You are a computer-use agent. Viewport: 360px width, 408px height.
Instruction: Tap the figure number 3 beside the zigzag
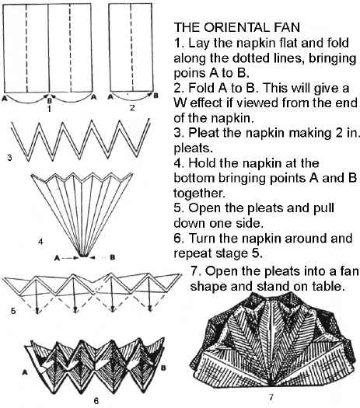point(9,158)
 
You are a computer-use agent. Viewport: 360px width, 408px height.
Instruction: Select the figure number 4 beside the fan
point(40,242)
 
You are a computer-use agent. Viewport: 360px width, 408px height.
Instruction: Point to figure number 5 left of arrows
point(13,311)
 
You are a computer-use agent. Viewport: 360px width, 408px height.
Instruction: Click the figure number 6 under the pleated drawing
point(96,401)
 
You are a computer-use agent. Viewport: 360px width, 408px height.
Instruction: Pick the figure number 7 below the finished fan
point(271,397)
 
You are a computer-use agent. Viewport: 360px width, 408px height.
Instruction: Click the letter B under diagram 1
point(50,100)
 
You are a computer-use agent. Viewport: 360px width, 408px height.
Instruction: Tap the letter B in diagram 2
point(156,96)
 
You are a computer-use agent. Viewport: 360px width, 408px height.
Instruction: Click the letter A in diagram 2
point(110,97)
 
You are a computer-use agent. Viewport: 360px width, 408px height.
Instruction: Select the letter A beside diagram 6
point(25,372)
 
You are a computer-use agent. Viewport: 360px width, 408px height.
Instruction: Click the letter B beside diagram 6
point(163,368)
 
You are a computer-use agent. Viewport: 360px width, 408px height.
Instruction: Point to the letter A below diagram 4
point(57,258)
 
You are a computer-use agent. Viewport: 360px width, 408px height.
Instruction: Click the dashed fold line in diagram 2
point(131,47)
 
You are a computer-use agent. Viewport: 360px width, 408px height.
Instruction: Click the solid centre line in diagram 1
point(49,48)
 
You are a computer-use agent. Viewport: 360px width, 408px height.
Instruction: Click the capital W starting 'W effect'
point(180,103)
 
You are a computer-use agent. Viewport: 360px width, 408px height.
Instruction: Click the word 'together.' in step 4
point(199,194)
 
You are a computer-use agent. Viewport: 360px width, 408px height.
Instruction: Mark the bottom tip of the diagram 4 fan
point(83,256)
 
